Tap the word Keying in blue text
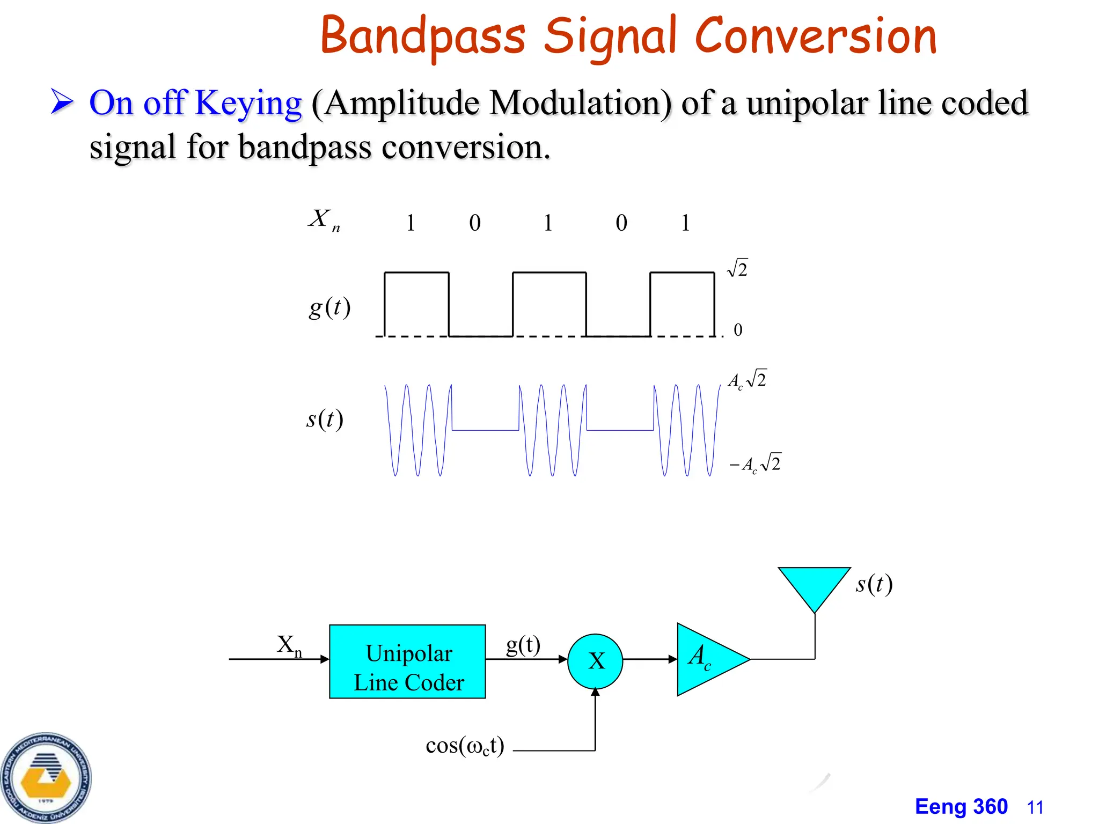(x=248, y=102)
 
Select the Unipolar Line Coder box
(x=407, y=661)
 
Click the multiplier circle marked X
(x=595, y=661)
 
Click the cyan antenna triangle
(x=814, y=585)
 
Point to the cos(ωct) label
(x=465, y=746)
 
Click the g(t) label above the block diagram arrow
(x=523, y=644)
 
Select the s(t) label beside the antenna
(x=874, y=584)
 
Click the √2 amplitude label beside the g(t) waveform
(x=738, y=268)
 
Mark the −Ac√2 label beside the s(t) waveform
(x=756, y=463)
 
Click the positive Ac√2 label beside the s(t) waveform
(x=748, y=379)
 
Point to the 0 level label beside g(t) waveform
(x=738, y=329)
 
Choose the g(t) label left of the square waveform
(x=329, y=307)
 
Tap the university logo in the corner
(x=46, y=778)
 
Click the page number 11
(x=1035, y=807)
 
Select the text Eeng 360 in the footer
(x=961, y=807)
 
